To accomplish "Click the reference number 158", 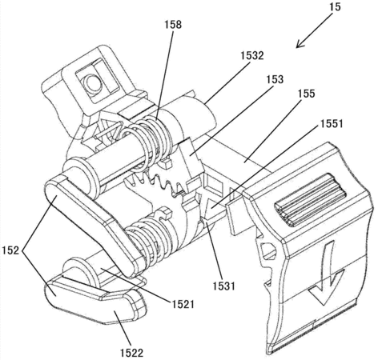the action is [x=173, y=25].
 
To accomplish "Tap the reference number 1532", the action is [x=252, y=55].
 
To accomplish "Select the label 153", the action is [x=275, y=79].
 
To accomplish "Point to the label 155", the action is [x=306, y=94].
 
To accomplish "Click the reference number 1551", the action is [x=331, y=123].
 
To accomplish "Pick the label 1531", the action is [x=223, y=286].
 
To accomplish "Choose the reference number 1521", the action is [x=183, y=304].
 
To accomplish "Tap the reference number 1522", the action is [x=131, y=353].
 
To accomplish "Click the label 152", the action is [x=10, y=250].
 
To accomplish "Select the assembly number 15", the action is [x=335, y=7].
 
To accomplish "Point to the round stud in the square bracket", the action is [x=93, y=82].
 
